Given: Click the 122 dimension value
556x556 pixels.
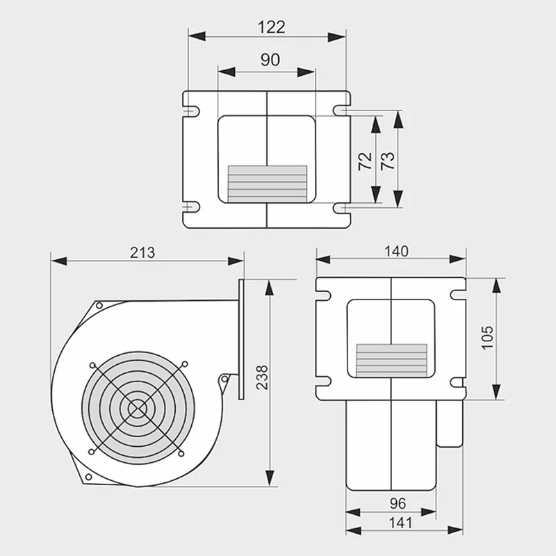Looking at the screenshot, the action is (x=271, y=27).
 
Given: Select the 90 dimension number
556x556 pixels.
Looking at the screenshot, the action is (x=270, y=60).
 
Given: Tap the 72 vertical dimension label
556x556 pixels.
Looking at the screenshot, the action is (x=366, y=161).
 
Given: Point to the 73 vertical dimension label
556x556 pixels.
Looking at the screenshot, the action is (x=388, y=161).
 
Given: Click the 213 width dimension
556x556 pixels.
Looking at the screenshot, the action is (x=142, y=252).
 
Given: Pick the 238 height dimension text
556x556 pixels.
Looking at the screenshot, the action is (x=263, y=377).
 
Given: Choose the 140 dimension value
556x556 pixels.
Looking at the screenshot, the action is (x=396, y=252).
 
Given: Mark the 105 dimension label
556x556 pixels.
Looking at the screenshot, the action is (x=488, y=338).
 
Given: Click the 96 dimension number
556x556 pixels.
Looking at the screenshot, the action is (x=398, y=503).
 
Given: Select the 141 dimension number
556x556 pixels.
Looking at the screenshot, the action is (x=401, y=523).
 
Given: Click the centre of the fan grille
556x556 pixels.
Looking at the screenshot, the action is (x=138, y=409).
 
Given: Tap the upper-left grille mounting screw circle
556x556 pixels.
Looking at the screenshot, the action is (x=92, y=366).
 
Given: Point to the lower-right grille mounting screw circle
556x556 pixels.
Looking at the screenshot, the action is (x=181, y=454).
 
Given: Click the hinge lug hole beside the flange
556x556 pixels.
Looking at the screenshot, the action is (x=224, y=379).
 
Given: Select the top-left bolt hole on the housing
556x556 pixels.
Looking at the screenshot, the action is (x=99, y=305).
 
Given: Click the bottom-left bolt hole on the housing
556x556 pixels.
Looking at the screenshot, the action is (x=89, y=477).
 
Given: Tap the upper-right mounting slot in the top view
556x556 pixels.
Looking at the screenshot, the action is (x=341, y=111).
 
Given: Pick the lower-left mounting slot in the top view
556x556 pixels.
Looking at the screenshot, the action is (x=192, y=206).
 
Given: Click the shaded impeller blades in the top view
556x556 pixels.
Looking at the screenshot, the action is (x=268, y=183).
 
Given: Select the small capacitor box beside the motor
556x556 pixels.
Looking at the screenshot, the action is (x=450, y=424).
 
